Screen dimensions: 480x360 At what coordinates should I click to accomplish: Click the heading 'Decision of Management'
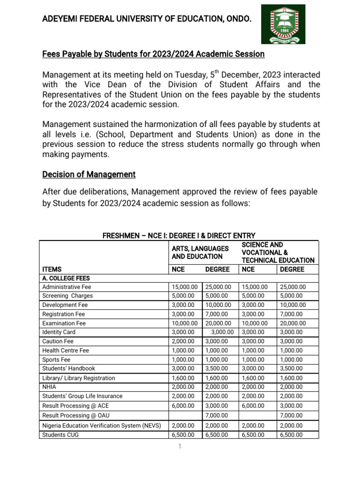click(89, 174)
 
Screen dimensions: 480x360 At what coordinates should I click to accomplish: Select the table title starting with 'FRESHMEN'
click(179, 235)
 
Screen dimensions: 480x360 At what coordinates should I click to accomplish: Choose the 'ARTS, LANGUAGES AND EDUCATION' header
click(200, 252)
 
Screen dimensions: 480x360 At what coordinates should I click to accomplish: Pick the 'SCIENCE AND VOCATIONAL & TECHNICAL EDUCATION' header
click(277, 252)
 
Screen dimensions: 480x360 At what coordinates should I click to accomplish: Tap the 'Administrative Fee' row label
click(67, 287)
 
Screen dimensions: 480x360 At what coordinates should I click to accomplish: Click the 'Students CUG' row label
click(60, 435)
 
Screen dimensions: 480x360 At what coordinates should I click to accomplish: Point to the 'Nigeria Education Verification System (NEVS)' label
click(102, 425)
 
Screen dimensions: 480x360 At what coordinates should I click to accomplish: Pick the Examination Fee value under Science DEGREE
click(292, 323)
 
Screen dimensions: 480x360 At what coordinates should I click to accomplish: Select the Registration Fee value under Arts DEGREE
click(217, 314)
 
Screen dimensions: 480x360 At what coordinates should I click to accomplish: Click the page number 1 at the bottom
click(179, 447)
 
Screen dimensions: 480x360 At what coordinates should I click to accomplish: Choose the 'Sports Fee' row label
click(56, 360)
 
